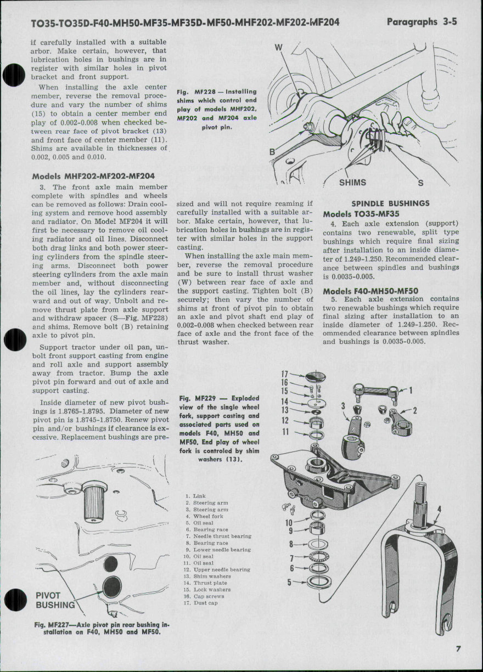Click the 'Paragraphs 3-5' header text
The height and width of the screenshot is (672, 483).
(422, 22)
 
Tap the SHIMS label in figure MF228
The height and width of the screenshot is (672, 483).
(352, 183)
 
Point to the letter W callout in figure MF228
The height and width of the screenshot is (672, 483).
(278, 48)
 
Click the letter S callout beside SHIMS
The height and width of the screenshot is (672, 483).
(420, 183)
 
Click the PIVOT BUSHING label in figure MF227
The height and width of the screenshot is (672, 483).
(54, 601)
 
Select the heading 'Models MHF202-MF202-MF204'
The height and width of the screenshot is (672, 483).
(93, 176)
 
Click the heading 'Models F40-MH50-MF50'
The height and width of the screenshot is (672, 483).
(370, 291)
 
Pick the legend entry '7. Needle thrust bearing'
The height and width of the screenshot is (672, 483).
(218, 536)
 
